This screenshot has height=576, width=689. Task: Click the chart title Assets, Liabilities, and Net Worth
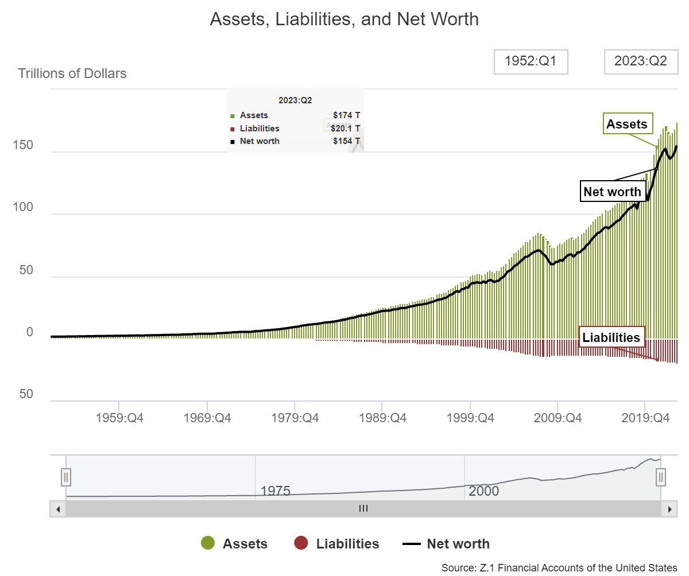pyautogui.click(x=344, y=19)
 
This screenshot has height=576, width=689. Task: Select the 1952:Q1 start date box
pyautogui.click(x=531, y=61)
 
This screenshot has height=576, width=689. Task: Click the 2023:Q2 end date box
pyautogui.click(x=640, y=61)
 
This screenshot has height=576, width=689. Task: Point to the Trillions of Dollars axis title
pyautogui.click(x=72, y=73)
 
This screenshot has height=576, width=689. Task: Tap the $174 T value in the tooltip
pyautogui.click(x=346, y=115)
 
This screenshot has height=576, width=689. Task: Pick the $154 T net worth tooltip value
pyautogui.click(x=346, y=141)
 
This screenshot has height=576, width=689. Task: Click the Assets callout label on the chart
pyautogui.click(x=626, y=124)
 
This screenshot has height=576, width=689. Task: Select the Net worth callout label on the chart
pyautogui.click(x=612, y=192)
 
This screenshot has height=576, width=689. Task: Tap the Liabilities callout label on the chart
pyautogui.click(x=611, y=337)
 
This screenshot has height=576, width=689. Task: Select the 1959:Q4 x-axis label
pyautogui.click(x=119, y=418)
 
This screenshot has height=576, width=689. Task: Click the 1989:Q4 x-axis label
pyautogui.click(x=382, y=418)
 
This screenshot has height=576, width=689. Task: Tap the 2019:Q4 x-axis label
pyautogui.click(x=645, y=418)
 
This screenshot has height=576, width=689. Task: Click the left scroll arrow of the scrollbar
pyautogui.click(x=57, y=508)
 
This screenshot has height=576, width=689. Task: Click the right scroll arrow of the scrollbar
pyautogui.click(x=669, y=508)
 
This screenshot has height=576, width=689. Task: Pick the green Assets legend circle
pyautogui.click(x=207, y=543)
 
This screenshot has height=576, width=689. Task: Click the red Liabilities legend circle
pyautogui.click(x=301, y=543)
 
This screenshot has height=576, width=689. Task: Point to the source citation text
pyautogui.click(x=559, y=567)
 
